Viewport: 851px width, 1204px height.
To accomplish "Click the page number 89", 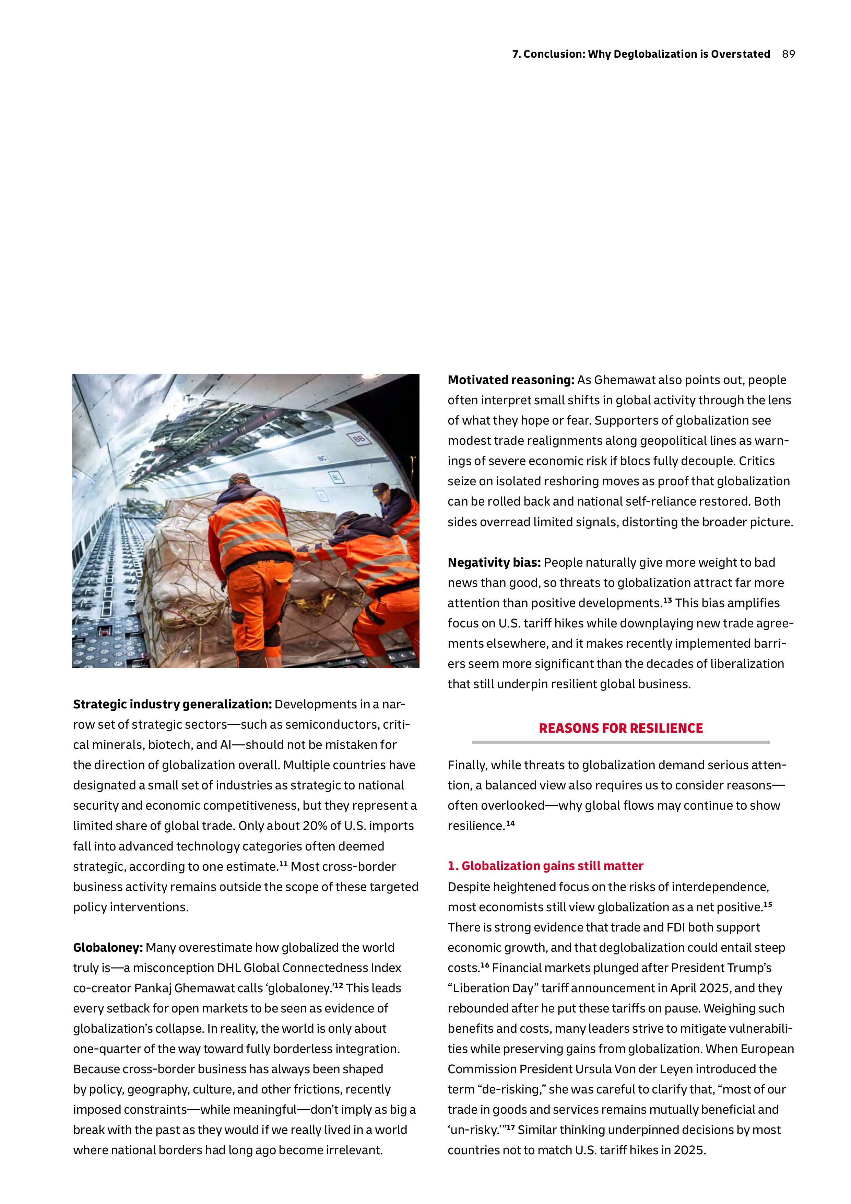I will [x=788, y=54].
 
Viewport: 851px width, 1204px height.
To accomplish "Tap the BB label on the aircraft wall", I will [x=359, y=438].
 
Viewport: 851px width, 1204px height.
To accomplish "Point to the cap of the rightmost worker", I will [x=381, y=489].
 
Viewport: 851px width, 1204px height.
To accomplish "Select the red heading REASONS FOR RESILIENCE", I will [x=620, y=728].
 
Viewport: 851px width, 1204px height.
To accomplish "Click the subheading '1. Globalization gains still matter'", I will [x=545, y=866].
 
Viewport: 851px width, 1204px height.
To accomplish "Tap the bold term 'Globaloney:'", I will [x=108, y=948].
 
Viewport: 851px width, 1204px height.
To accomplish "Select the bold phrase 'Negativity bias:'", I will [x=494, y=563].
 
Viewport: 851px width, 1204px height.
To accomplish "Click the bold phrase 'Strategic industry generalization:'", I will [x=173, y=704].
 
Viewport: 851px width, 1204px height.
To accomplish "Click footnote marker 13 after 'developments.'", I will [x=667, y=600].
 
